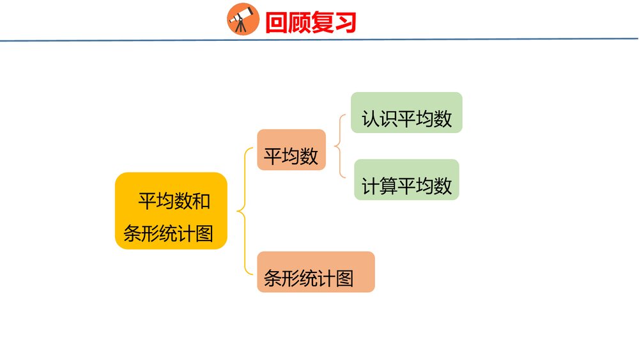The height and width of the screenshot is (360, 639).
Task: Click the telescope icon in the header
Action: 243,19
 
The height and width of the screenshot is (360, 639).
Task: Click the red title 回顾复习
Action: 311,23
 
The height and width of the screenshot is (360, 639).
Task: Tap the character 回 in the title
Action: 276,23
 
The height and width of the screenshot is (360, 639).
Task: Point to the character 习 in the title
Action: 345,23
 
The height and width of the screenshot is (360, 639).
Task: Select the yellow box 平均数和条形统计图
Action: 171,210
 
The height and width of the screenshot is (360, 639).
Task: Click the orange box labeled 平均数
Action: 291,150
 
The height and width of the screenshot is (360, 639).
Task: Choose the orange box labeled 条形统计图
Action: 316,272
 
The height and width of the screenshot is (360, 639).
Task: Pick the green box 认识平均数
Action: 406,113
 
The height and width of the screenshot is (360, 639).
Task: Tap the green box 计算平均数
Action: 406,180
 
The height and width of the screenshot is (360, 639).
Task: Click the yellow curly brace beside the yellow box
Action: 242,211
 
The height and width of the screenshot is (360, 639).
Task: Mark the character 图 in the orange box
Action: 344,279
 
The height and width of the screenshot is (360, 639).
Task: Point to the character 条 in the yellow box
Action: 132,234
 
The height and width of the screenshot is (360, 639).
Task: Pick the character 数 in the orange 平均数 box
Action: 309,157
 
